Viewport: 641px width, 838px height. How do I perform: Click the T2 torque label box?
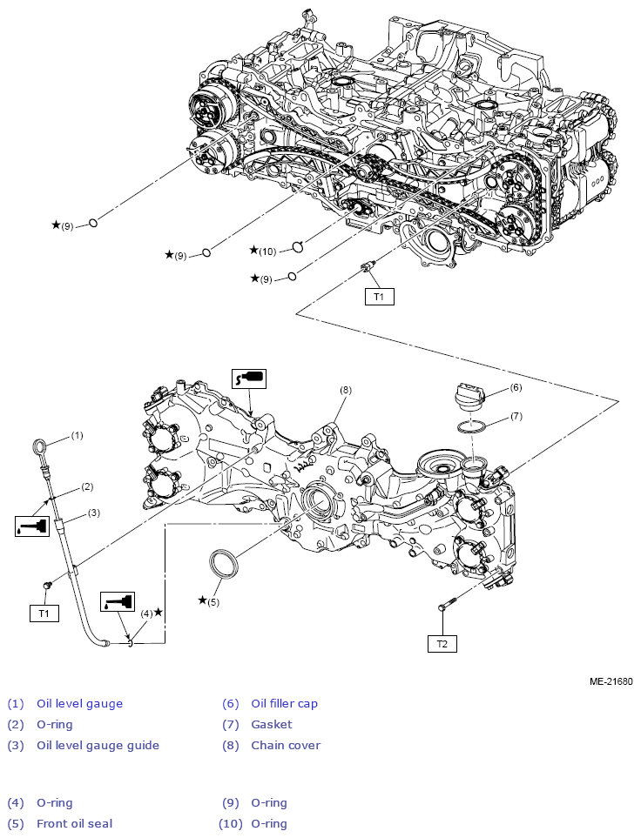(x=442, y=644)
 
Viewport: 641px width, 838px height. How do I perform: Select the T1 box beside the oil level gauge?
(x=44, y=613)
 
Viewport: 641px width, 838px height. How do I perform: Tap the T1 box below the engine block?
(x=379, y=297)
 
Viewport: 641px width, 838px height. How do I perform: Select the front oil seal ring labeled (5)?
(x=225, y=562)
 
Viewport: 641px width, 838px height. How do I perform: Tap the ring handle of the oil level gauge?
(x=40, y=447)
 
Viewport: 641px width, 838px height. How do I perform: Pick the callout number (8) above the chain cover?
(x=345, y=391)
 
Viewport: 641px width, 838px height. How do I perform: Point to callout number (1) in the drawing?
(x=77, y=433)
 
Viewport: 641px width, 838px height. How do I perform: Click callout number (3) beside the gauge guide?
(x=93, y=513)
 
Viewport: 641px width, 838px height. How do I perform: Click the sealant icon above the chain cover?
(x=248, y=378)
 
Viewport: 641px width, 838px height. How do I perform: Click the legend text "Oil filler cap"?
(x=284, y=703)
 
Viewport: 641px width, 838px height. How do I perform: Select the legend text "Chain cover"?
(x=285, y=745)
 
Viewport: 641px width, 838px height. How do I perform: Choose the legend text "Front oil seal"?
(x=74, y=823)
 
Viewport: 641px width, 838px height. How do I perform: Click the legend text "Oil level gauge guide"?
(x=98, y=745)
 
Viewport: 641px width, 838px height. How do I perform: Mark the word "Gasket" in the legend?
(x=272, y=724)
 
